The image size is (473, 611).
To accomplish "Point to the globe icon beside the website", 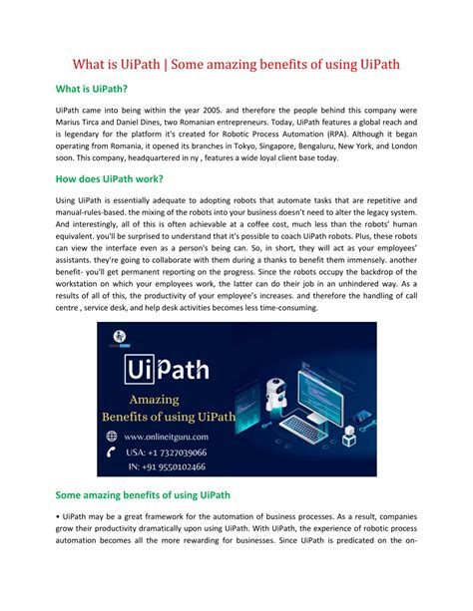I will click(112, 436).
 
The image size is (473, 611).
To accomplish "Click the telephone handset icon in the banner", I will click(112, 453).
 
